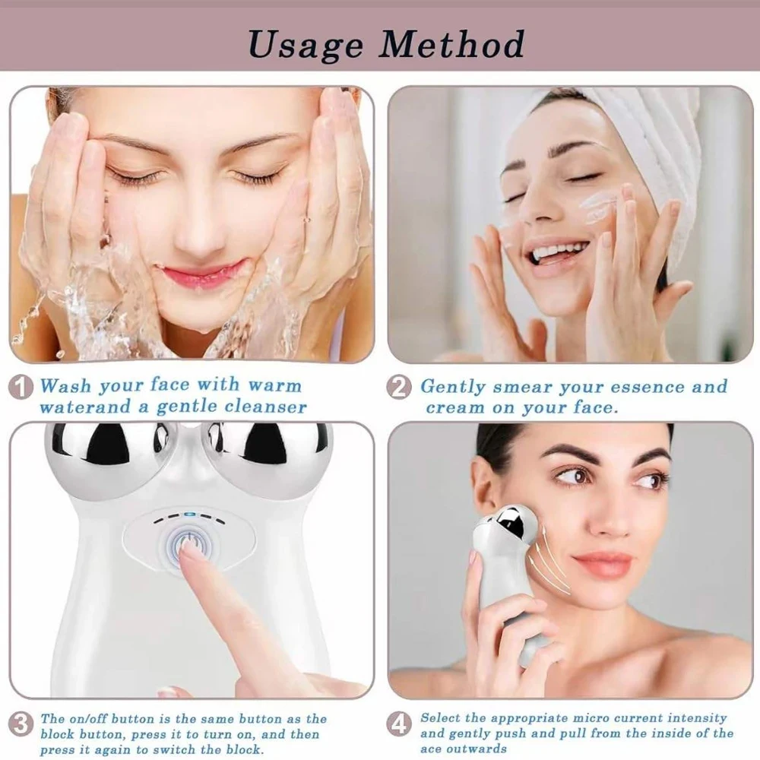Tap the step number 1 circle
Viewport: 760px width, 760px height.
coord(21,388)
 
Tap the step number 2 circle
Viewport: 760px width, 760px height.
coord(399,388)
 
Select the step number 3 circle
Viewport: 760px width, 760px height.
coord(21,723)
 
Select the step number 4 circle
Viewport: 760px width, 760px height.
coord(399,723)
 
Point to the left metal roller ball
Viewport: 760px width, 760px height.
coord(106,456)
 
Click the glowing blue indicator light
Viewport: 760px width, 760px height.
coord(189,514)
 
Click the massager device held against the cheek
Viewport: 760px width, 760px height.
coord(508,562)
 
